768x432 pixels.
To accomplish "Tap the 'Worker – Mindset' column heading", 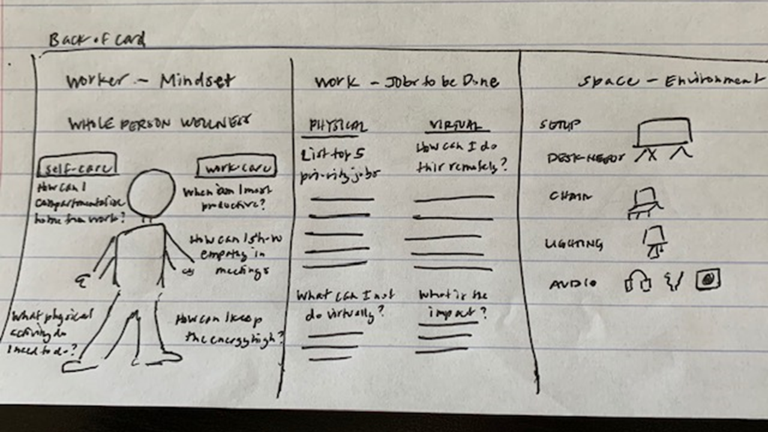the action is pyautogui.click(x=150, y=81).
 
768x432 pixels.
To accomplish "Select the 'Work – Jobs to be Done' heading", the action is pyautogui.click(x=406, y=82).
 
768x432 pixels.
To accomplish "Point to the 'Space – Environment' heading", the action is pyautogui.click(x=671, y=80).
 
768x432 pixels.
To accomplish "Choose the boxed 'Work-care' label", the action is pyautogui.click(x=236, y=167).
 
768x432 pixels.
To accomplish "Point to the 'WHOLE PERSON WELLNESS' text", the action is pyautogui.click(x=159, y=124).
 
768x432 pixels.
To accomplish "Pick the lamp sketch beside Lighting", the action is pyautogui.click(x=655, y=241).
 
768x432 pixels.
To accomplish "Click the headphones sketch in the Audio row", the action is pyautogui.click(x=638, y=281).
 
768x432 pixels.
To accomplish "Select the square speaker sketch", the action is pyautogui.click(x=707, y=279).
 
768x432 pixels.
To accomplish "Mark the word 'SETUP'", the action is pyautogui.click(x=560, y=125).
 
